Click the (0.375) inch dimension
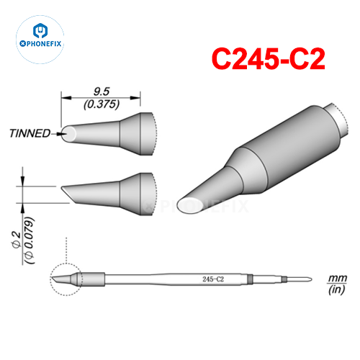tap(101, 103)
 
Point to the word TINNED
tap(30, 133)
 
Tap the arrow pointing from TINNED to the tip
tap(57, 133)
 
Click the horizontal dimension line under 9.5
tap(101, 98)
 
